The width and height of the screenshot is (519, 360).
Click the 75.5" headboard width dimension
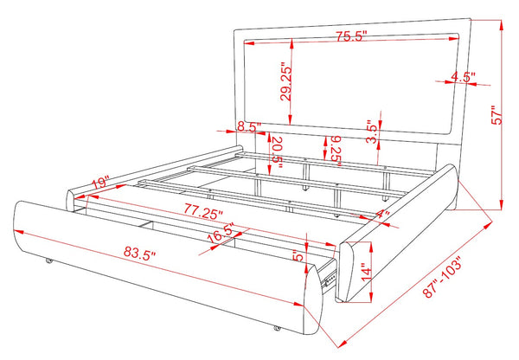coord(352,36)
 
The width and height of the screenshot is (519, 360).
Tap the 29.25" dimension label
coord(285,81)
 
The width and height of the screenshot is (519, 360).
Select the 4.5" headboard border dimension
coord(463,77)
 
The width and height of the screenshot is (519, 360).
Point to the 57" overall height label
coord(497,115)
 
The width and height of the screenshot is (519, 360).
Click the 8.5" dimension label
coord(249,126)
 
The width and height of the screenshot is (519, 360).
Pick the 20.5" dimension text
coord(277,153)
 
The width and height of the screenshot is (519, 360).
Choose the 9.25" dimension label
coord(336,151)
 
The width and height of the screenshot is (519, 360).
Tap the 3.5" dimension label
coord(372,132)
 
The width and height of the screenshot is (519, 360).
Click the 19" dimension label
coord(100,183)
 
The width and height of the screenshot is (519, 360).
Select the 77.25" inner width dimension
coord(204,211)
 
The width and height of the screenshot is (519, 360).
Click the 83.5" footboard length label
coord(139,254)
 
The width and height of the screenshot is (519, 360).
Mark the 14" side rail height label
coord(367,273)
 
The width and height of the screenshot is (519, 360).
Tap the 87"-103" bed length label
coord(442,277)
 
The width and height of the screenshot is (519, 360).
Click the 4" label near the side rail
coord(383,215)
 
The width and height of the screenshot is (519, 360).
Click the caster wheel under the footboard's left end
coord(49,260)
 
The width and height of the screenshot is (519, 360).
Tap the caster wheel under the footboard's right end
coord(277,328)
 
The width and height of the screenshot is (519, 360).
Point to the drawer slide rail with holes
coord(329,278)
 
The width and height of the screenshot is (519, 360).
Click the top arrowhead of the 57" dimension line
coord(502,26)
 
